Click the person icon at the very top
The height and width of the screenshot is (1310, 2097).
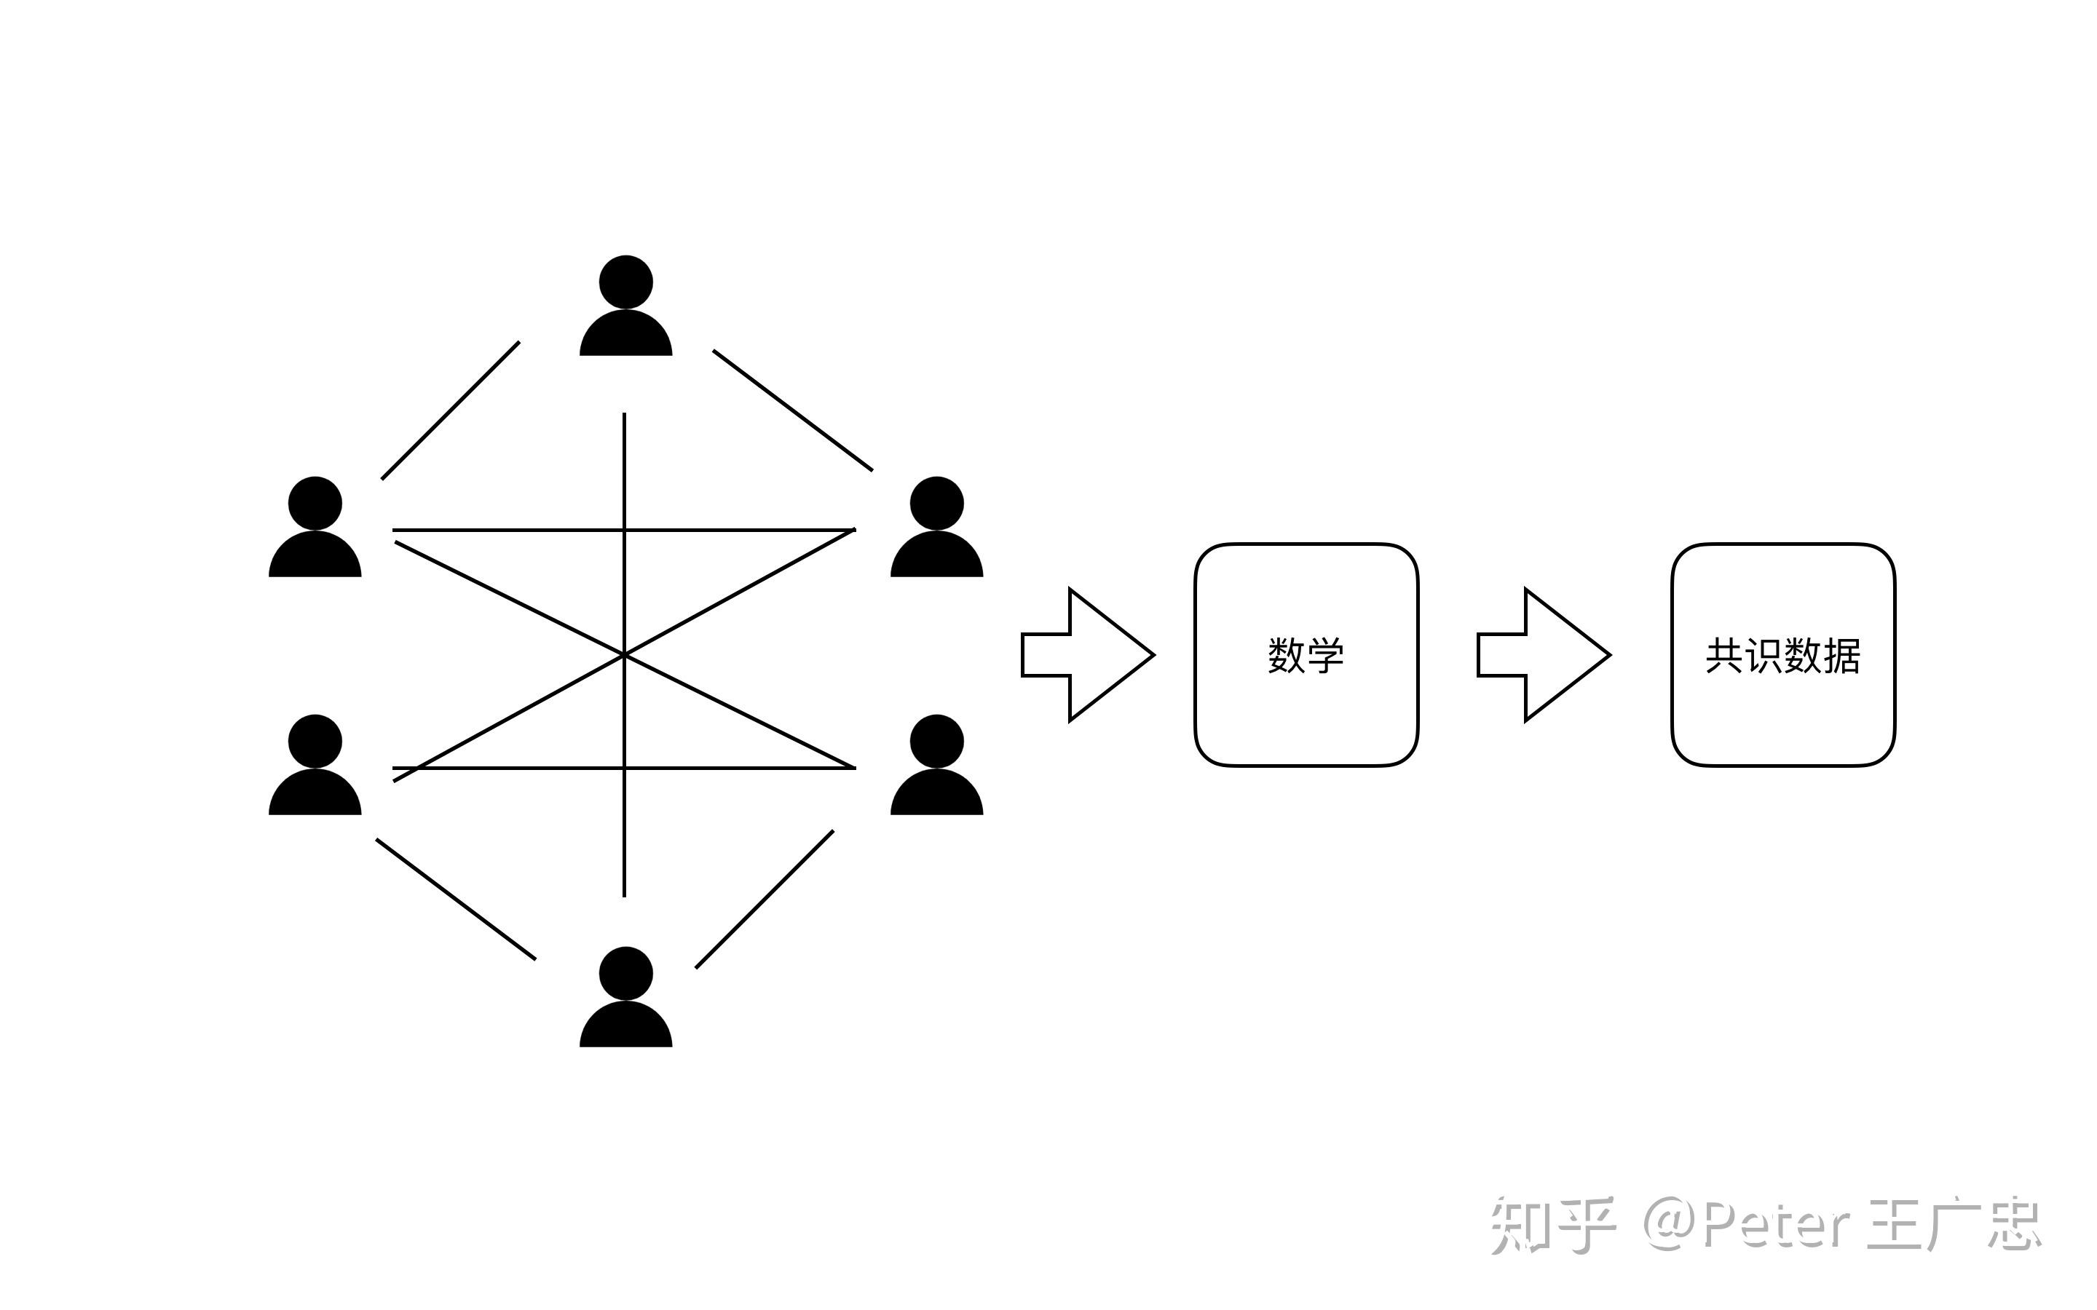[625, 305]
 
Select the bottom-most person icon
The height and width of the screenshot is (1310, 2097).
[625, 996]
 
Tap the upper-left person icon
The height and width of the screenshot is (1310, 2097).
[315, 526]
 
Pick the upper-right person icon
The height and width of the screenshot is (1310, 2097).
[936, 526]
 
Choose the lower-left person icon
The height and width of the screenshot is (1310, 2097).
[315, 764]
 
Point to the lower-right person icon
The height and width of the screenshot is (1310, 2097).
[936, 764]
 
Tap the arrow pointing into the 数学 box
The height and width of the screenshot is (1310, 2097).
[1089, 655]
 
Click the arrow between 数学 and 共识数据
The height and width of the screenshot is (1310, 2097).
[1544, 655]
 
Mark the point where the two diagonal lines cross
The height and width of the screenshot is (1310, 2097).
[624, 655]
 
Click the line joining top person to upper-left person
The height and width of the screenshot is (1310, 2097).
[451, 410]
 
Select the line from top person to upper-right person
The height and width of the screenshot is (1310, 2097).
[792, 410]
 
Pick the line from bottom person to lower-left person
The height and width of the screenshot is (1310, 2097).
[456, 899]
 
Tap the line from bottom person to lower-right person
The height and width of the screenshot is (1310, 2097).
[765, 900]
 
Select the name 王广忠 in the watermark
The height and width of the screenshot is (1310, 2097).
[1955, 1225]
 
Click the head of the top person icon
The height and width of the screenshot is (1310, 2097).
[625, 282]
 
